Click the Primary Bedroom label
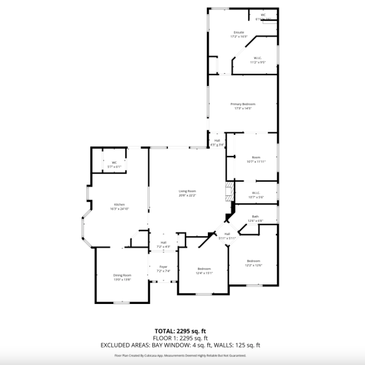coord(243,104)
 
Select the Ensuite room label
coord(238,33)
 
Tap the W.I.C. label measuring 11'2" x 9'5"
coord(257,58)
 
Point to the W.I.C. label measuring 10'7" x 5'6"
coord(256,193)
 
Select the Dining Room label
coord(122,275)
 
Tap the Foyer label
coord(164,267)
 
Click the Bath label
coord(255,216)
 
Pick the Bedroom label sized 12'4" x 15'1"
coord(204,269)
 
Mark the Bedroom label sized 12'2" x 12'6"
coord(253,261)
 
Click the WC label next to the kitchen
coord(114,163)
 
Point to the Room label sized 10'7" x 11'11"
coord(256,157)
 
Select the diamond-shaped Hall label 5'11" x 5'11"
coord(227,234)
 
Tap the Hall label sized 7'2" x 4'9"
coord(164,242)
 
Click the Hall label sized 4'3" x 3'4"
coord(217,141)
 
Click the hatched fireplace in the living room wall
coord(229,192)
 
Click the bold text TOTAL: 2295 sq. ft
coord(181,331)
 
